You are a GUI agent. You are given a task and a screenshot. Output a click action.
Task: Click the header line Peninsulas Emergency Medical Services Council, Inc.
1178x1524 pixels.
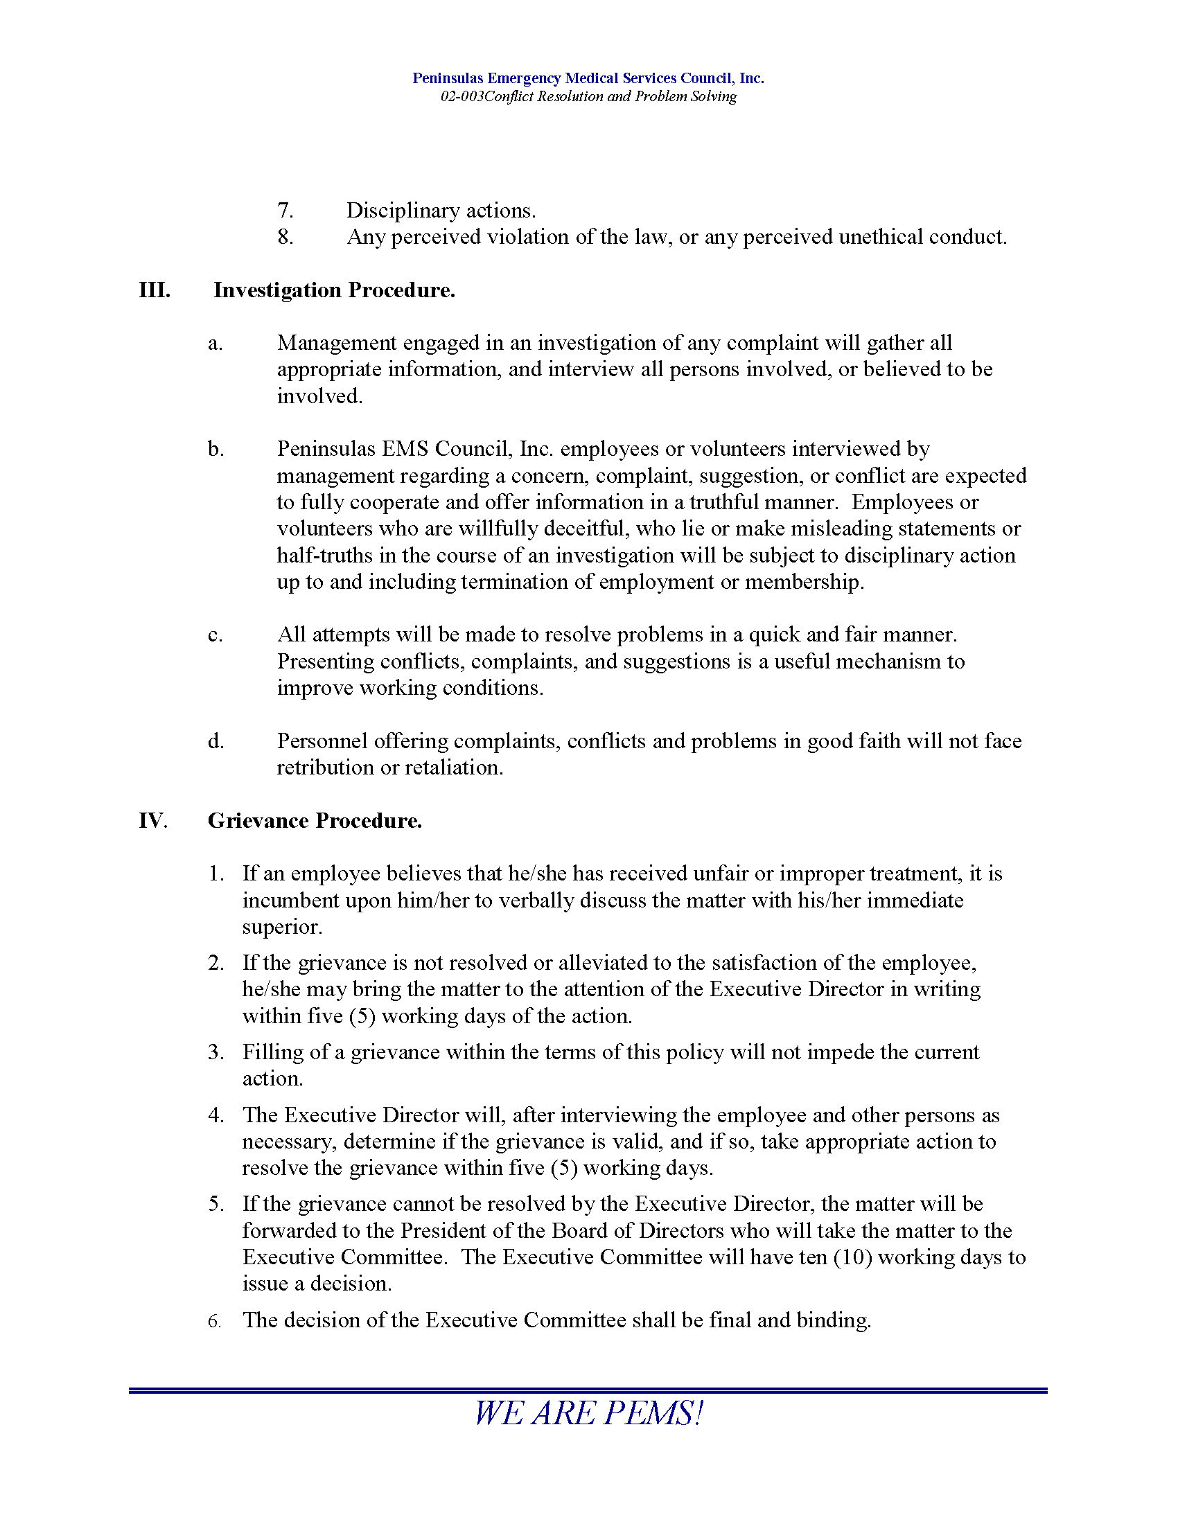click(x=588, y=78)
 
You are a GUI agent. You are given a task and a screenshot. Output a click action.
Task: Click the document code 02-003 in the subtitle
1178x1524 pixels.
click(x=461, y=97)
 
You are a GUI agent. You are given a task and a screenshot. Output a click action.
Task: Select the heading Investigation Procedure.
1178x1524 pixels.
click(x=334, y=290)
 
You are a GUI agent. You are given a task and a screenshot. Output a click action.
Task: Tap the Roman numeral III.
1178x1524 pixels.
click(x=155, y=290)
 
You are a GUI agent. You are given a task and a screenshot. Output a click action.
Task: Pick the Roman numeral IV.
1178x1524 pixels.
click(x=153, y=821)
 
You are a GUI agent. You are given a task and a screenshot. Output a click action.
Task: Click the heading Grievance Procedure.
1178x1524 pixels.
click(x=315, y=821)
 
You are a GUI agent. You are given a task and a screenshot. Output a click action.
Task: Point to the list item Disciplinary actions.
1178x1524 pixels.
click(x=441, y=211)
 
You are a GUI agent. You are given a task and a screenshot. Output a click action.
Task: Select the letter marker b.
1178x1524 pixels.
click(x=216, y=450)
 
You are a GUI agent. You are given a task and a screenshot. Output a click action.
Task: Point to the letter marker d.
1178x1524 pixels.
click(x=216, y=741)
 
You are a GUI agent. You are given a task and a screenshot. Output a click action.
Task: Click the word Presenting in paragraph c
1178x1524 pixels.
click(x=325, y=662)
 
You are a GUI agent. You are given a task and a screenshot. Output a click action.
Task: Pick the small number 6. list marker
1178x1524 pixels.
click(x=215, y=1321)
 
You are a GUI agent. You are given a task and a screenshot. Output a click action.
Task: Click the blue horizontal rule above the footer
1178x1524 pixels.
click(x=588, y=1391)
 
